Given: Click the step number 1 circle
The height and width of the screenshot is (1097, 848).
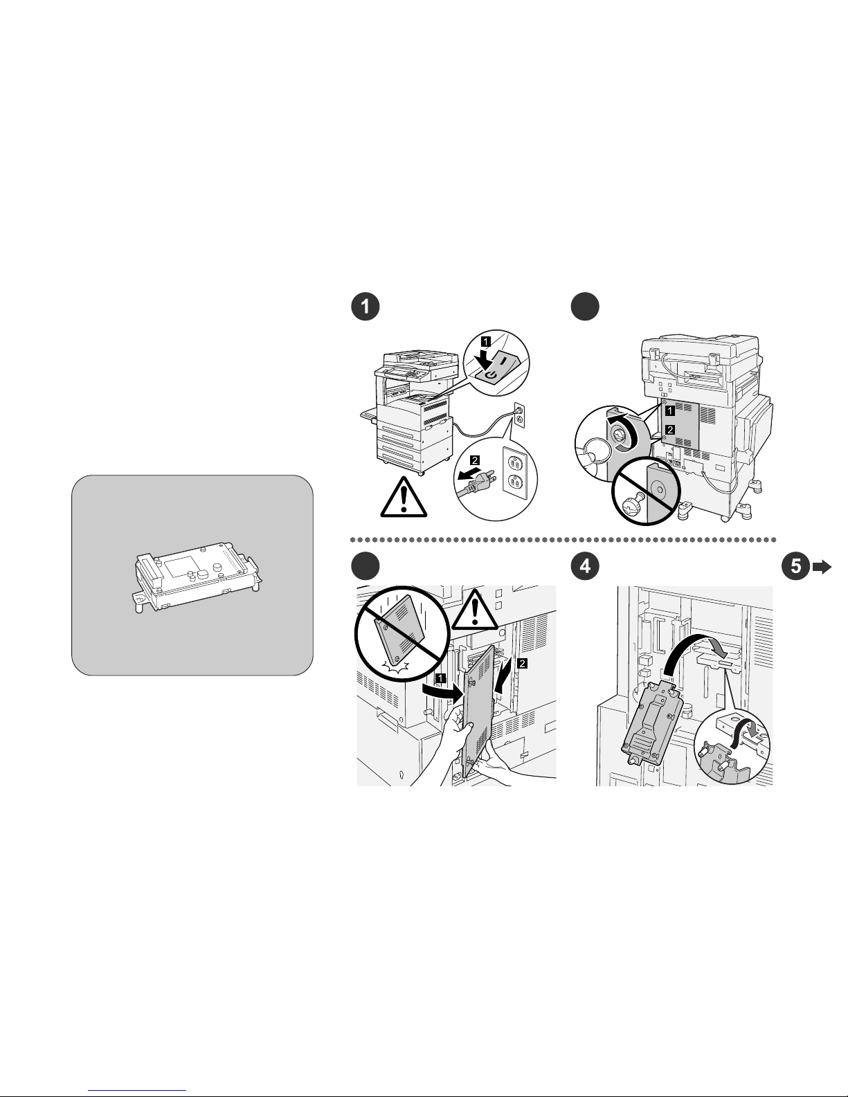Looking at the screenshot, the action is point(365,306).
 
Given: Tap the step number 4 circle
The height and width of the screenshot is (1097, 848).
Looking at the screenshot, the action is point(584,565).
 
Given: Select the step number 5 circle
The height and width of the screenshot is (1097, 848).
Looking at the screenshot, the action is point(795,565).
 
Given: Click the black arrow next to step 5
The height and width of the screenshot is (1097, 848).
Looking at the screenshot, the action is point(822,568).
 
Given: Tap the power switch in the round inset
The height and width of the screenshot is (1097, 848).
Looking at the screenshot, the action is point(496,368).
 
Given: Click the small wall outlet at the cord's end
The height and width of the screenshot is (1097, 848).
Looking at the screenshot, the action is point(519,415).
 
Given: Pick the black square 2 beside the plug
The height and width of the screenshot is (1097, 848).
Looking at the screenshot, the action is point(474,460).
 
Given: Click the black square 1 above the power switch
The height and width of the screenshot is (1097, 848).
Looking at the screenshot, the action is point(485,342).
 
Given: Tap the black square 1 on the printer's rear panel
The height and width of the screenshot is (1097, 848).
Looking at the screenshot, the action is point(670,410).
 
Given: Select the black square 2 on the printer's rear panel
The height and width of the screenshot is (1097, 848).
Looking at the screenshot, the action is point(670,430).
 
